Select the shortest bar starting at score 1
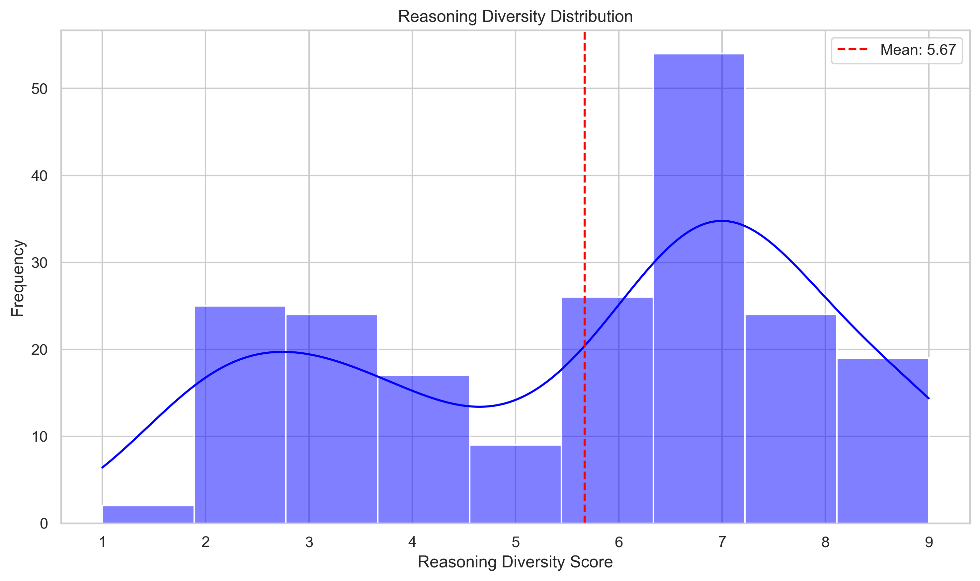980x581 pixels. tap(148, 514)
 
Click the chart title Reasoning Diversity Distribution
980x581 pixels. tap(515, 17)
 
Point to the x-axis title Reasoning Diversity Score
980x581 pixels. tap(515, 562)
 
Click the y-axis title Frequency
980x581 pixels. tap(18, 278)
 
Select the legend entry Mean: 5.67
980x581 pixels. tap(897, 50)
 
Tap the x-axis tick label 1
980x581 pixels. tap(102, 542)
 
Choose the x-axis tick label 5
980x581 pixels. tap(516, 542)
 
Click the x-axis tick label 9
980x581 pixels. tap(928, 542)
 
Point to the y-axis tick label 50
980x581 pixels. tap(39, 89)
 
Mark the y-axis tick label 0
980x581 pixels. tap(44, 524)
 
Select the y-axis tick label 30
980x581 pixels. tap(39, 263)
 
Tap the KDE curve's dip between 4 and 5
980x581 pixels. tap(480, 407)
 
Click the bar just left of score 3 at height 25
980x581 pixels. tap(240, 415)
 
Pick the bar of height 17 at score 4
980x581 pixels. tap(423, 450)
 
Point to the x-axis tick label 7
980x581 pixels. tap(722, 542)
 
